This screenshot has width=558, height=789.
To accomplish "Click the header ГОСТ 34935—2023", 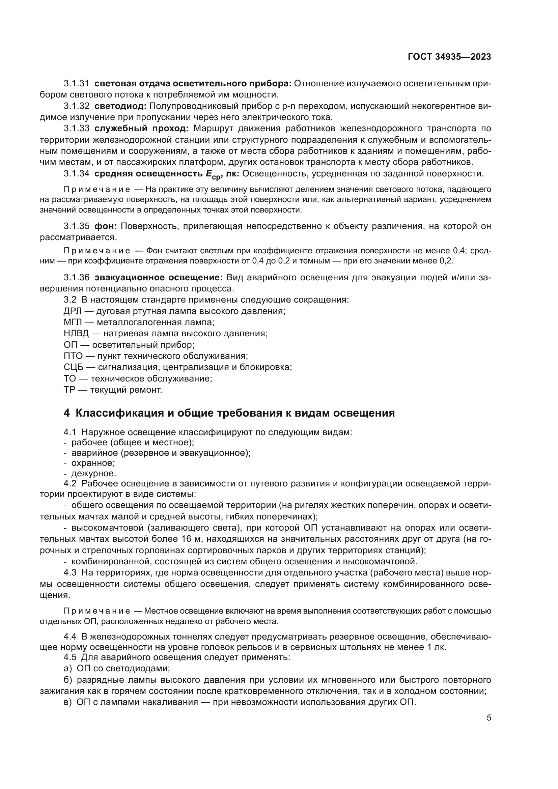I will point(449,57).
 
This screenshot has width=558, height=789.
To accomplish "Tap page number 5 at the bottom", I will point(489,717).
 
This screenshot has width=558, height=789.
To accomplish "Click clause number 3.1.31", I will point(77,84).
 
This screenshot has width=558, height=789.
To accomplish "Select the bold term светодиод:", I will point(120,106).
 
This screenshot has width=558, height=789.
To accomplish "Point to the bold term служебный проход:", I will point(141,129).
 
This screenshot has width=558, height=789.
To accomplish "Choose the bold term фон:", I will point(106,226).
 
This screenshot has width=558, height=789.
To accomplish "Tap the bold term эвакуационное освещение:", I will point(159,277).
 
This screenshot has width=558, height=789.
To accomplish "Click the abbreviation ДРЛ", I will point(73,311).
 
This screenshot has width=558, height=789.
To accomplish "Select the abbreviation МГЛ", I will point(73,322).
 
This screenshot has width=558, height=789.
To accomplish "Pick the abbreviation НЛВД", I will point(76,333).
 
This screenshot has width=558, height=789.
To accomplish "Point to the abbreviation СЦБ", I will point(73,367).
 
